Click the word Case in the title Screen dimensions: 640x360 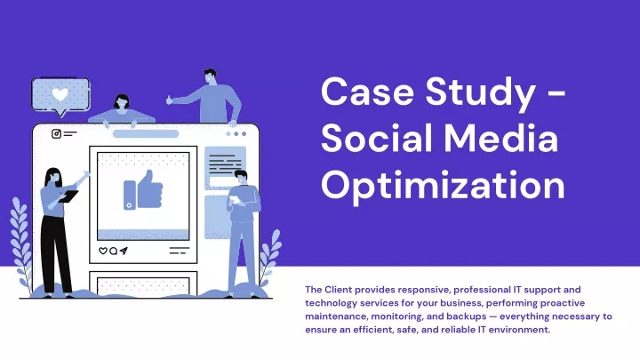pyautogui.click(x=367, y=92)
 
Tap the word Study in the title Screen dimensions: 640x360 pyautogui.click(x=480, y=94)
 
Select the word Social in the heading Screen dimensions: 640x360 pyautogui.click(x=377, y=138)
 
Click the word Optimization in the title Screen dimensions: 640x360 pyautogui.click(x=443, y=186)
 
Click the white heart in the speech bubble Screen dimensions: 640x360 pyautogui.click(x=60, y=95)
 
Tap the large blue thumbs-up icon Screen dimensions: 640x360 pyautogui.click(x=143, y=190)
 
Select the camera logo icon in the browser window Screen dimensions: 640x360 pyautogui.click(x=56, y=133)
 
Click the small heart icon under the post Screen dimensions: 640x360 pyautogui.click(x=103, y=251)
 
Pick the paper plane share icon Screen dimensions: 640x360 pyautogui.click(x=124, y=251)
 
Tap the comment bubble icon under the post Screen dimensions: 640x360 pyautogui.click(x=114, y=251)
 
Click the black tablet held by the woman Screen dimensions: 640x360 pyautogui.click(x=68, y=196)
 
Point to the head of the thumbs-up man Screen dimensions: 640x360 pyautogui.click(x=210, y=76)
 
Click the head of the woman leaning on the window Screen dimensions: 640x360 pyautogui.click(x=122, y=102)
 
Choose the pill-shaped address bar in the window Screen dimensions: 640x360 pyautogui.click(x=146, y=134)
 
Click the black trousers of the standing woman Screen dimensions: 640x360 pyautogui.click(x=56, y=254)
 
